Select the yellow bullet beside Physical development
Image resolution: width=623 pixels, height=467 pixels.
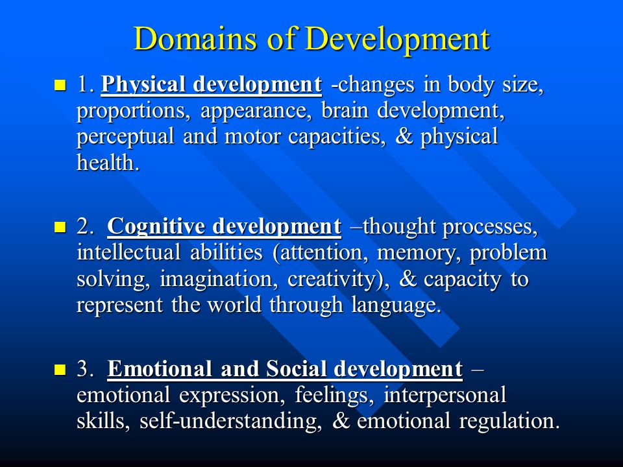(x=60, y=85)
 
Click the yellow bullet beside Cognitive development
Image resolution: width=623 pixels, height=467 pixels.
(x=60, y=227)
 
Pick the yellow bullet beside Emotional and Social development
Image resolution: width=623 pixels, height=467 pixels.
(x=60, y=369)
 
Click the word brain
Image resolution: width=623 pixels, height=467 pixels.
(x=345, y=110)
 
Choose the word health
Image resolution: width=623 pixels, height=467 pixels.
(x=108, y=162)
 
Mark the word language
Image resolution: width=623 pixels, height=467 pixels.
(x=396, y=306)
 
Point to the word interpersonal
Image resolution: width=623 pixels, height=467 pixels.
(x=445, y=396)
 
